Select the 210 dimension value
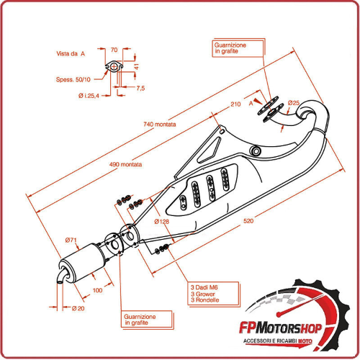235,105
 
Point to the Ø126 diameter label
161,221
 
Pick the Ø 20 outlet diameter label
79,308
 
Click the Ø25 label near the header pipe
294,103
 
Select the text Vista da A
71,53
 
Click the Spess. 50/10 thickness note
73,80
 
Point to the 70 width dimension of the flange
114,50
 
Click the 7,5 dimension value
139,88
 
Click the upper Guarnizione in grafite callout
230,48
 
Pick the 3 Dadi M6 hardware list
204,293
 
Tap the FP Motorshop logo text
282,328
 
